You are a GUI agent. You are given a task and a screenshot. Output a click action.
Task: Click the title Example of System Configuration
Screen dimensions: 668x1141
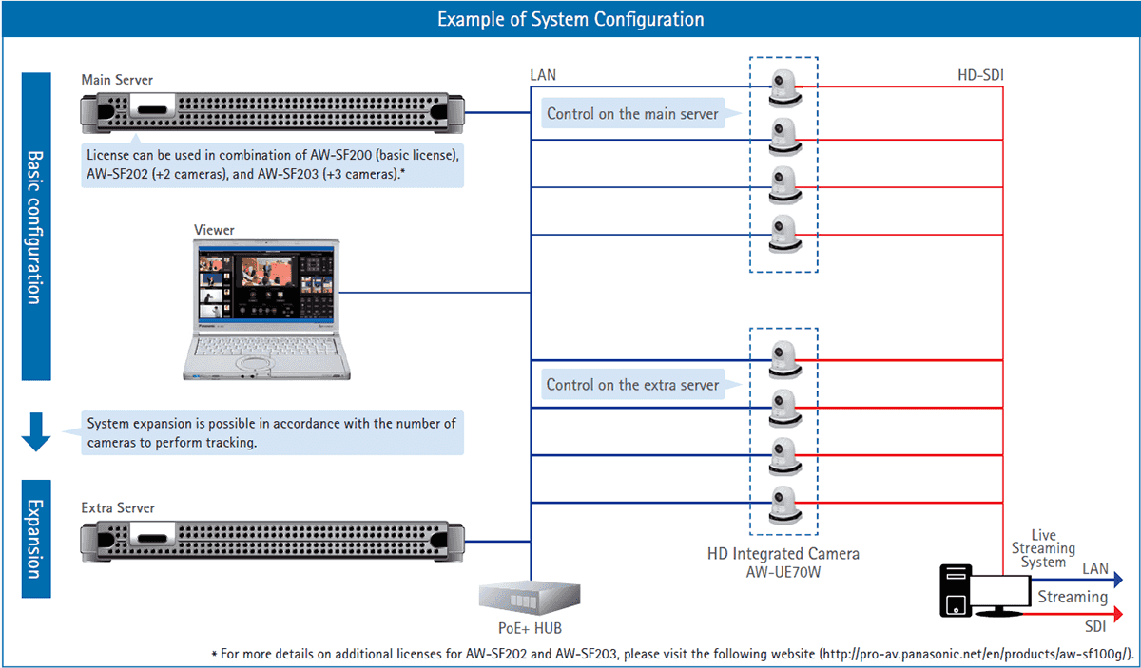570,19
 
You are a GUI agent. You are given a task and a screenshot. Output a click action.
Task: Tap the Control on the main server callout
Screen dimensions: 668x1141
632,114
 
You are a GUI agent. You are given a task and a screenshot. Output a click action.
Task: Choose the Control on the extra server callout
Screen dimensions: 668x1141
632,385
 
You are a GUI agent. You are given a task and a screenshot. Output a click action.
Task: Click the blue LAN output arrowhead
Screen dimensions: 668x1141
1118,580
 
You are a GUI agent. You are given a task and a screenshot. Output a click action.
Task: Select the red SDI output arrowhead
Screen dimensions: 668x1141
1118,615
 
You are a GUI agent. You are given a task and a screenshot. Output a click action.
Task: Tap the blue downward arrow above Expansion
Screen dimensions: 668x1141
36,432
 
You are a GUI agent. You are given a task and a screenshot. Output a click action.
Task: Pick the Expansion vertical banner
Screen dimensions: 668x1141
35,539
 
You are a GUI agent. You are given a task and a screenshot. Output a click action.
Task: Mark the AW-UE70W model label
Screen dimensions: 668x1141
784,571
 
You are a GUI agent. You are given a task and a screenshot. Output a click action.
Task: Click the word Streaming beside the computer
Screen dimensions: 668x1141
1072,598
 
